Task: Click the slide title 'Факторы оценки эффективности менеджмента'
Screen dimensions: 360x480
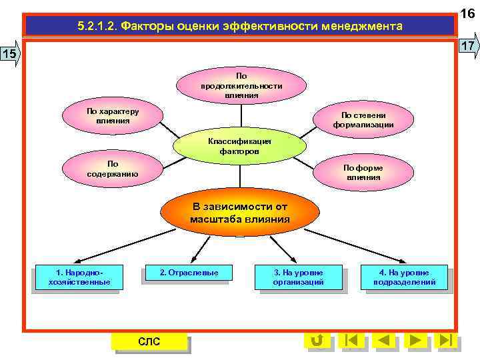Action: click(x=239, y=27)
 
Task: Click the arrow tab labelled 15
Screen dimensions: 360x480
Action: click(x=11, y=53)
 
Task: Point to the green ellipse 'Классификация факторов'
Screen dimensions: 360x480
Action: click(x=239, y=146)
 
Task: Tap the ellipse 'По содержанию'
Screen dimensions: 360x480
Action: click(x=112, y=169)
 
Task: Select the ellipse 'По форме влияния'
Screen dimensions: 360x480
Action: click(x=363, y=173)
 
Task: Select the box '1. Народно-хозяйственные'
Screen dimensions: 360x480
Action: click(x=79, y=277)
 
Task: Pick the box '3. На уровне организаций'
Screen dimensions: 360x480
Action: click(x=298, y=277)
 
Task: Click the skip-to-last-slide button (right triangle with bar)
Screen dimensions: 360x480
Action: click(x=446, y=340)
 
